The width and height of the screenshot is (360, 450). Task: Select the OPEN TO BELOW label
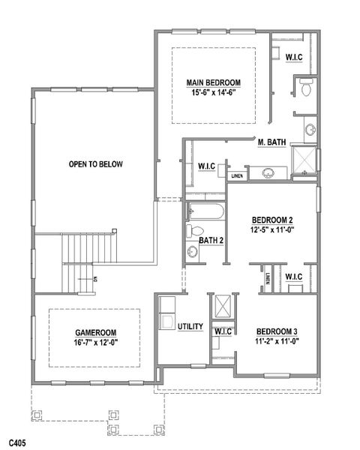(x=95, y=164)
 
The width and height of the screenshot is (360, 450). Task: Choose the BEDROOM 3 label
(x=277, y=331)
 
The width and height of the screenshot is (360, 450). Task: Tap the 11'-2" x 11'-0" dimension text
(x=277, y=341)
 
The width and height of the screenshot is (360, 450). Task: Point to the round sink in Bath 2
(x=191, y=252)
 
